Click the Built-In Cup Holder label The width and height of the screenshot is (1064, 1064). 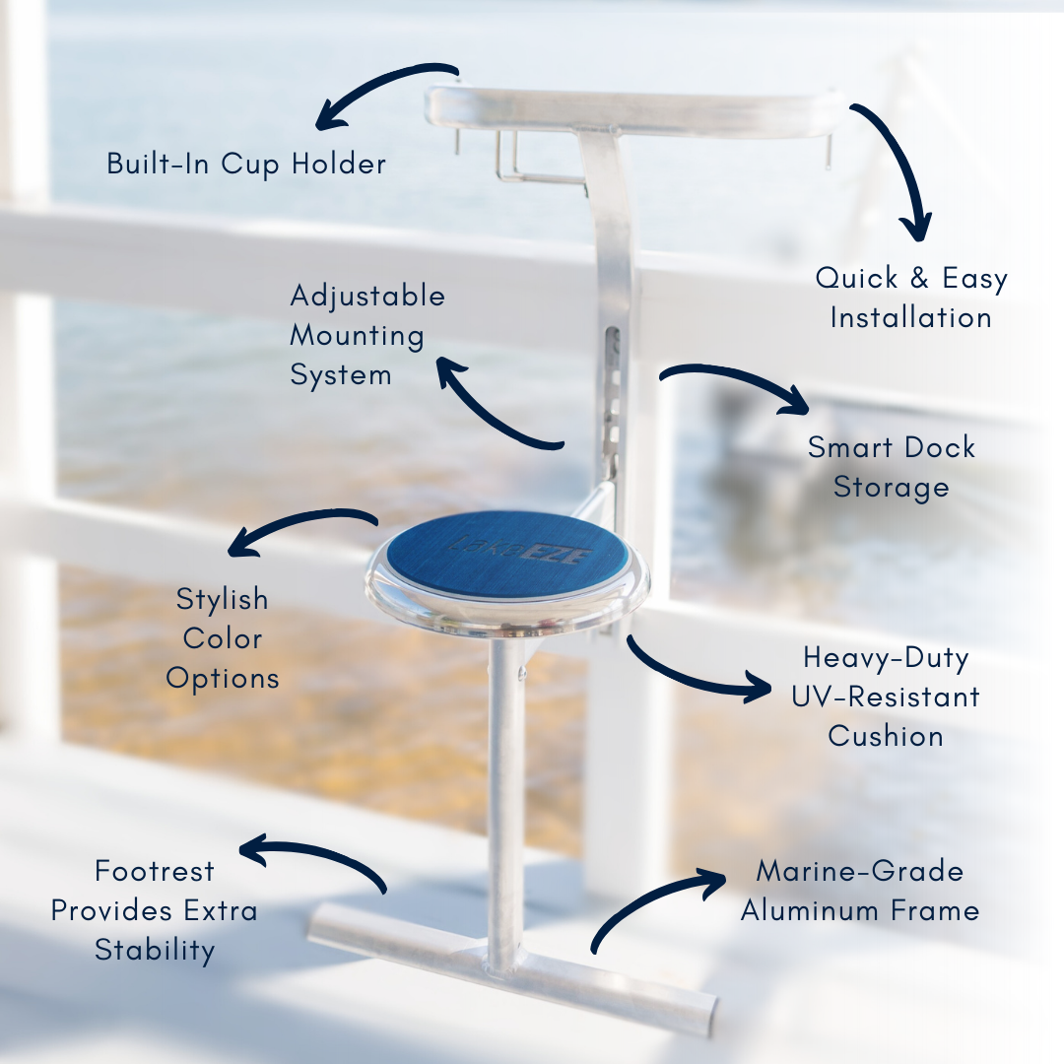click(246, 164)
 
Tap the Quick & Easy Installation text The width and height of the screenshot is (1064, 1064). click(911, 298)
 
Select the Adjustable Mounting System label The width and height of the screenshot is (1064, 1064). click(366, 335)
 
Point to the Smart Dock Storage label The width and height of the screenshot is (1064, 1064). click(892, 467)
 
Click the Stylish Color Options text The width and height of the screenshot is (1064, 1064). click(223, 638)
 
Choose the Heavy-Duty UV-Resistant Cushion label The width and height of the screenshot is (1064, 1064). click(886, 697)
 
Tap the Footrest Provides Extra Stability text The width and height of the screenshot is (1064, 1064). click(155, 910)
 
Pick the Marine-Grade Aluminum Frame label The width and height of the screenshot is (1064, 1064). click(860, 891)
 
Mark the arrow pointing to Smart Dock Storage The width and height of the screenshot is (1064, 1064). click(734, 384)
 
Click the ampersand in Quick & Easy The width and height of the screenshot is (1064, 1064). click(918, 279)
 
